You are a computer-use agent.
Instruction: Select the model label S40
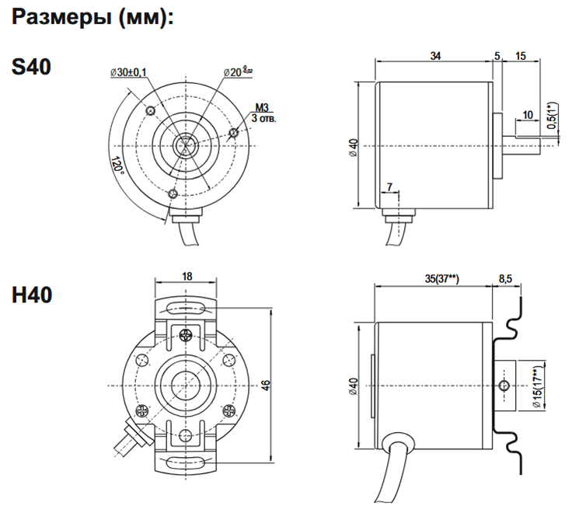click(32, 68)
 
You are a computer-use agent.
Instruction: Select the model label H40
click(32, 295)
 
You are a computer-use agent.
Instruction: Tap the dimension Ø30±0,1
click(129, 72)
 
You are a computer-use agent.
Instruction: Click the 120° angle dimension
click(117, 166)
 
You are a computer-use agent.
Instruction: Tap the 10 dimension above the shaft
click(528, 115)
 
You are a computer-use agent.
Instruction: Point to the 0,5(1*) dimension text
click(552, 115)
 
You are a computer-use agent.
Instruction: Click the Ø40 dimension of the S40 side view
click(354, 146)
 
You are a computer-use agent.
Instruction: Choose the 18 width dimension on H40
click(187, 276)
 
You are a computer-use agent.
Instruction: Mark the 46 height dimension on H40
click(265, 386)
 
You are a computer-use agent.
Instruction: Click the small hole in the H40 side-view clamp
click(506, 386)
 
